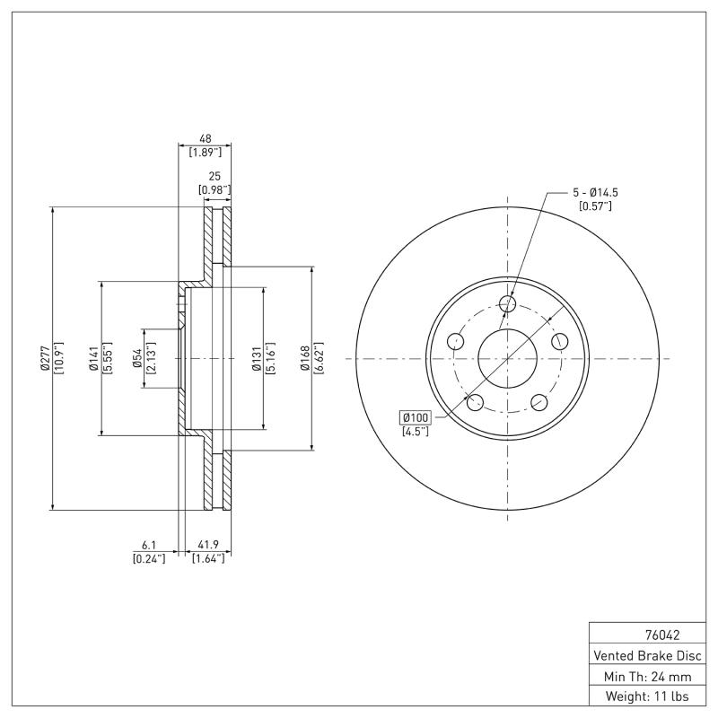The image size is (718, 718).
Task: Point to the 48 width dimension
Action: coord(205,139)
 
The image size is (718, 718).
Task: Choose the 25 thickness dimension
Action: coord(215,177)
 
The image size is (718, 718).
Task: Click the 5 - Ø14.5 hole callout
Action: coord(594,193)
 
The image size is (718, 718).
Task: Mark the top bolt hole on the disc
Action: coord(508,303)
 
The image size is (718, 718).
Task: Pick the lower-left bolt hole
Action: coord(476,402)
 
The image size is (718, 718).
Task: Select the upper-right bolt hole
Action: coord(560,341)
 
